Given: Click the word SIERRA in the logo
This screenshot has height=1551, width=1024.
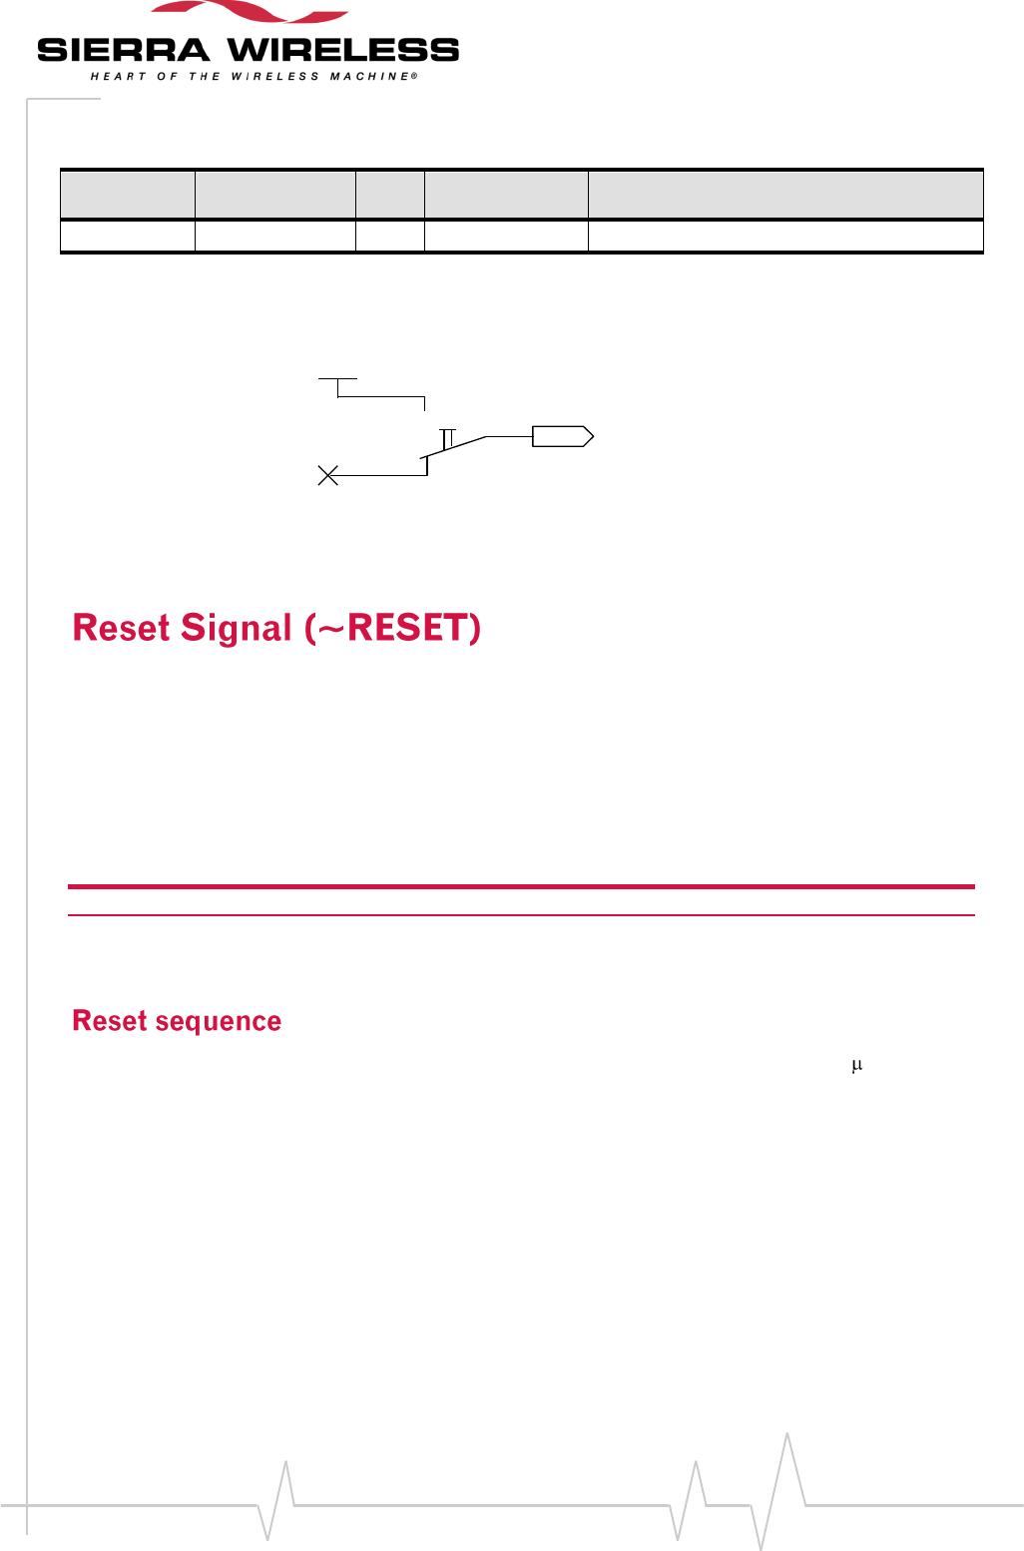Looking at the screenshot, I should pos(123,50).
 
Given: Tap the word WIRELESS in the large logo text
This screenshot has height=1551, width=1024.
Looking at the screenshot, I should pos(343,50).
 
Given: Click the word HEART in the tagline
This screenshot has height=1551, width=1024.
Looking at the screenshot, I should pos(112,77).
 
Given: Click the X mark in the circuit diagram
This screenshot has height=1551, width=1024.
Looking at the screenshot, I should pos(327,475).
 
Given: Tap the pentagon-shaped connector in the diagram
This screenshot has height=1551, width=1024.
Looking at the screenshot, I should pos(563,436).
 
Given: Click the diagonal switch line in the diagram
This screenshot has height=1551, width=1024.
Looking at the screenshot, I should pos(454,447).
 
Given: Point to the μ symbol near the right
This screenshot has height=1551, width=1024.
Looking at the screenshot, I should pos(856,1066).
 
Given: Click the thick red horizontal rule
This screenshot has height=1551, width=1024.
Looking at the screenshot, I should pos(520,886).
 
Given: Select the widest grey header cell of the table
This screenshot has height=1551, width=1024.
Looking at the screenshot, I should pos(784,195).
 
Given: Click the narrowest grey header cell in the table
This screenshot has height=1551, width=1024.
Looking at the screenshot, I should pos(390,195).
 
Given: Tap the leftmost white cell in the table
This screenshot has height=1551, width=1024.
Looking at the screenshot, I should pos(128,237).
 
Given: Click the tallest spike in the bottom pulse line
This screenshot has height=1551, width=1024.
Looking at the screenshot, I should pos(787,1437).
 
